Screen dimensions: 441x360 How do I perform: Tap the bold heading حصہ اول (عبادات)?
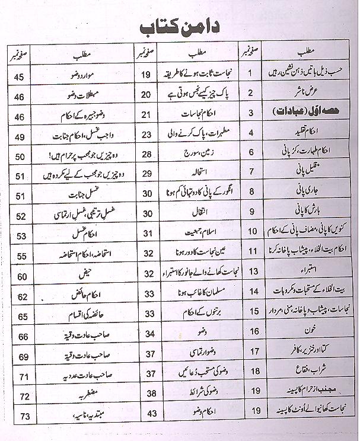coord(310,113)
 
